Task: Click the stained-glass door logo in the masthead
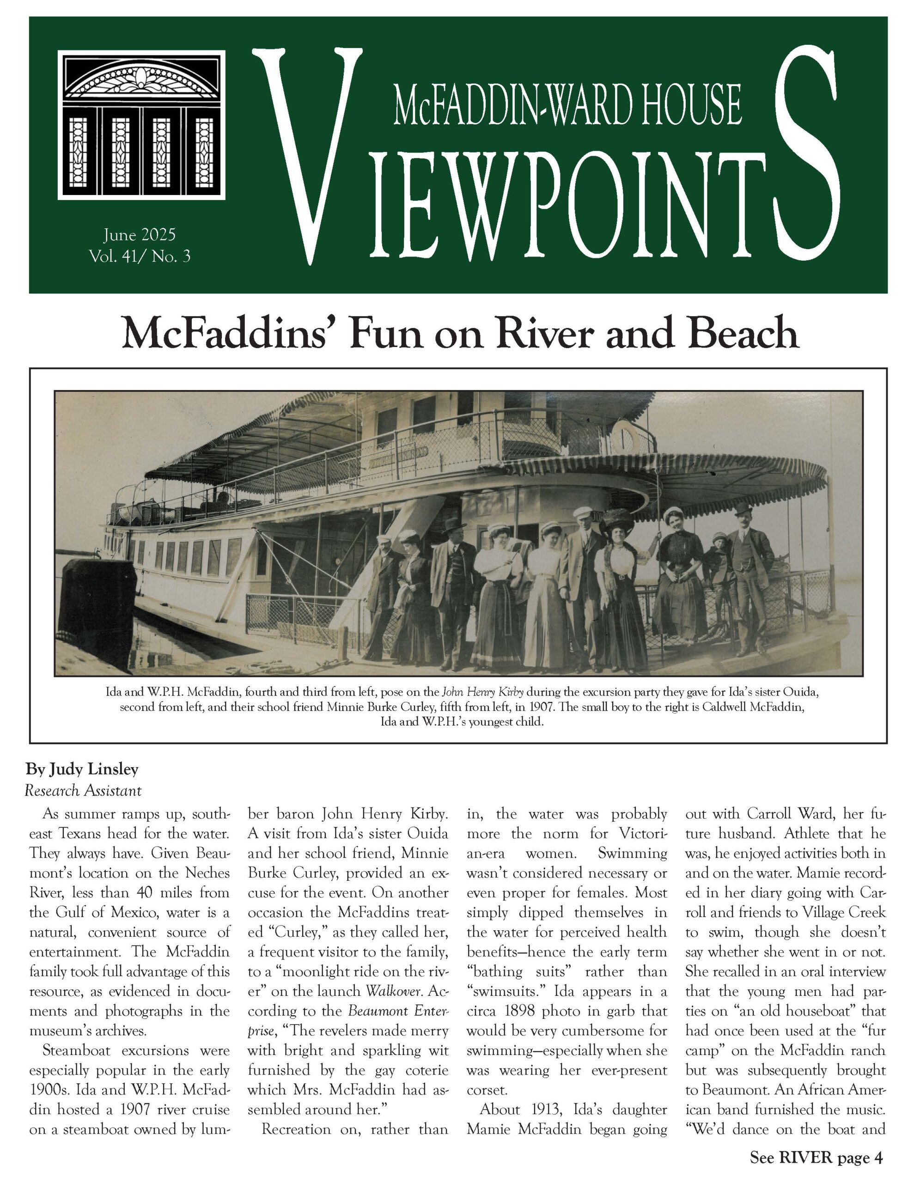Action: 142,125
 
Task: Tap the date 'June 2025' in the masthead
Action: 140,235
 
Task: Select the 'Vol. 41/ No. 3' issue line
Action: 140,256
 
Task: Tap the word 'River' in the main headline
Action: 545,334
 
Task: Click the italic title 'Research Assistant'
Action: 83,791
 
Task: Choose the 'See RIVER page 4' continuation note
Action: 816,1158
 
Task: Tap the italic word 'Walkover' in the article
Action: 393,991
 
